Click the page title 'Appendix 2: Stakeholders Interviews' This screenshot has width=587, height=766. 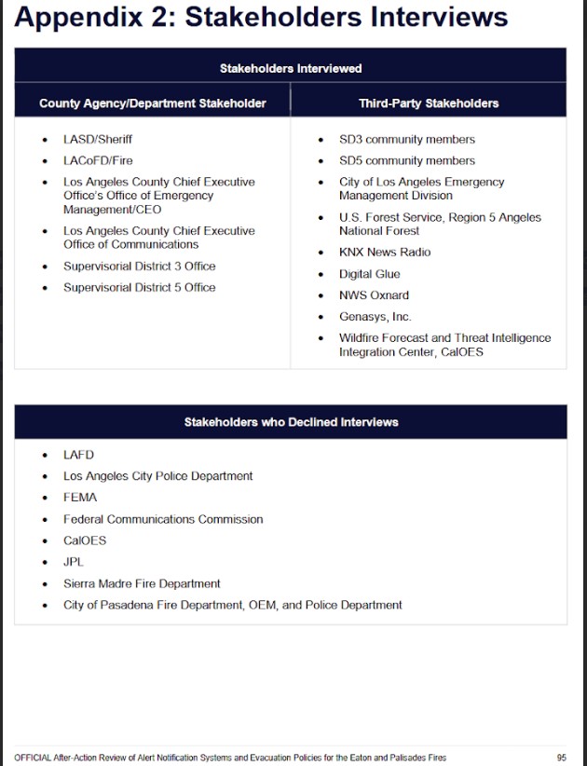261,19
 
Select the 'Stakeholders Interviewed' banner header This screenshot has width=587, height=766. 291,68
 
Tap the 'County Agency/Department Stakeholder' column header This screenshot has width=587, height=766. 153,103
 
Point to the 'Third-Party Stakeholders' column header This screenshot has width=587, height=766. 429,103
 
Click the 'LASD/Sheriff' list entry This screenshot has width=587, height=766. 98,140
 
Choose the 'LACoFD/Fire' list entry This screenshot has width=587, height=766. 98,161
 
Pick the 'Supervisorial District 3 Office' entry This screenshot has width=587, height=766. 139,267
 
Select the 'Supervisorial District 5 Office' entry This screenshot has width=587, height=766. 139,288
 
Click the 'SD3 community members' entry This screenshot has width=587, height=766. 406,140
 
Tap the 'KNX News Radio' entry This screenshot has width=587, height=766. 385,253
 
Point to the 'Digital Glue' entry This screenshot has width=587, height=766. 370,275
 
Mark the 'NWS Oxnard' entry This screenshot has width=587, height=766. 374,295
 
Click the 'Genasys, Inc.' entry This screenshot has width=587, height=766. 375,317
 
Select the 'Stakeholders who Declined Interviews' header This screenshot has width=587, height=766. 291,422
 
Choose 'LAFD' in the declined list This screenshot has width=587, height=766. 78,455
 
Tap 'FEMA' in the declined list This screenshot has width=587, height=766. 80,498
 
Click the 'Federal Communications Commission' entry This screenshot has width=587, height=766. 163,519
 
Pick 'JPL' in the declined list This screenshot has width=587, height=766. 75,562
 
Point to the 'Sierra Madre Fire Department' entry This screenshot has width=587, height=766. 142,583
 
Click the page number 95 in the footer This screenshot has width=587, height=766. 561,758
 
